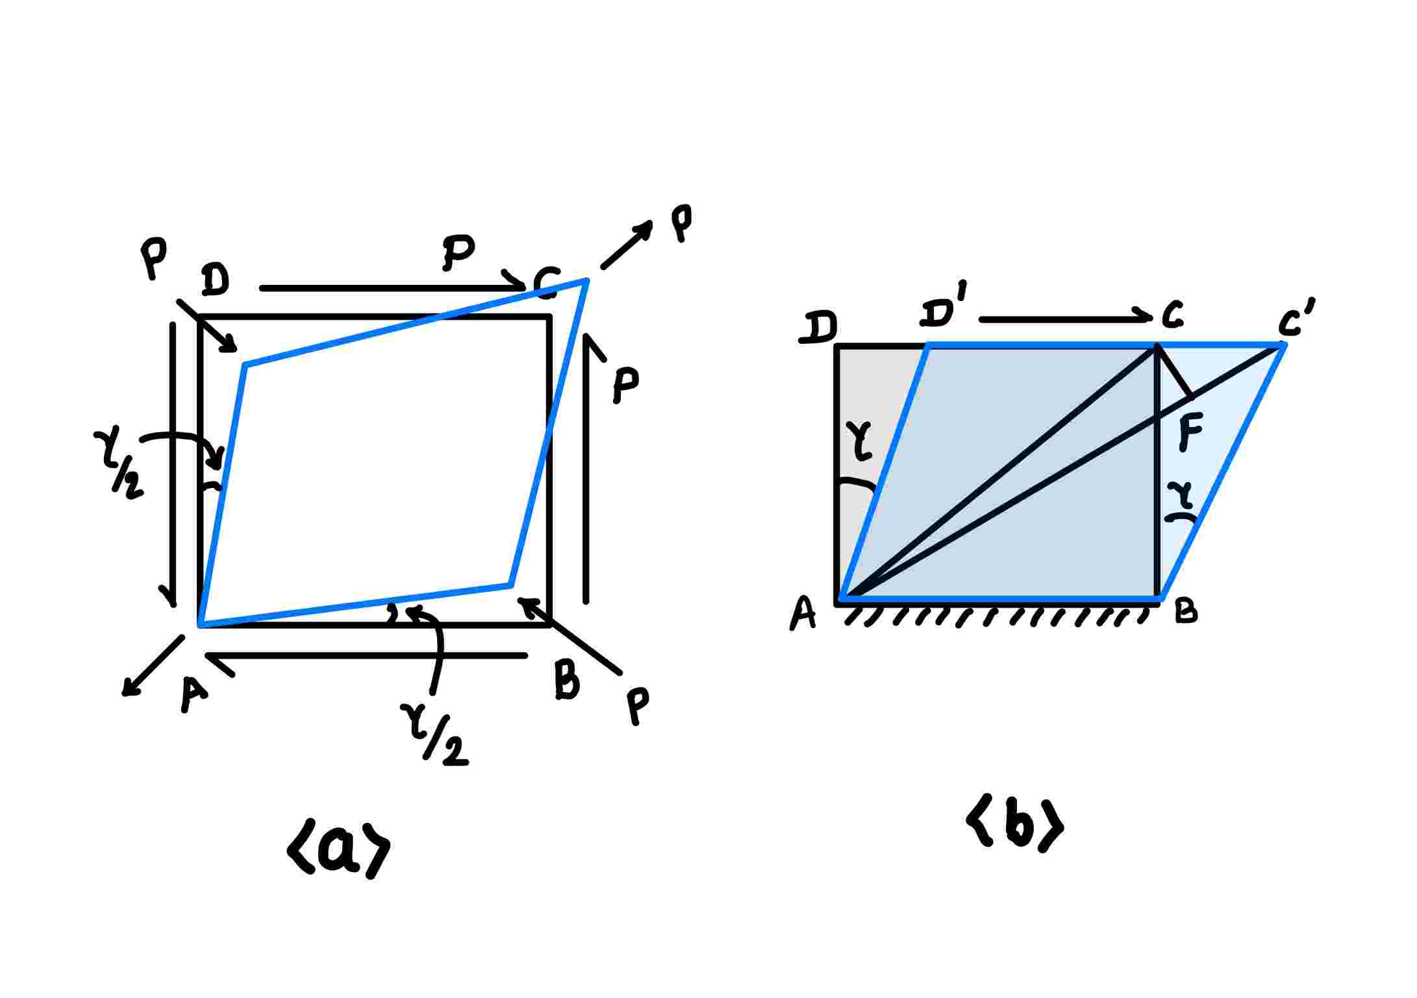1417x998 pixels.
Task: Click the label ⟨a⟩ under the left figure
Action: click(x=338, y=851)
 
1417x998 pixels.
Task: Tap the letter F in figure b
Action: click(x=1190, y=432)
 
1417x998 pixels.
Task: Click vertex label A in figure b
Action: click(x=803, y=613)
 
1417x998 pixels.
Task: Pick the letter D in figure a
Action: click(x=215, y=280)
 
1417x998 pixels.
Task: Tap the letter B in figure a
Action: click(x=567, y=680)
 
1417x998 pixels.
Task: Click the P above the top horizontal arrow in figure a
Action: click(x=458, y=252)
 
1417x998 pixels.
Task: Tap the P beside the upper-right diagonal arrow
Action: click(x=681, y=223)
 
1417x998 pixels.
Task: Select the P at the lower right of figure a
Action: click(x=638, y=706)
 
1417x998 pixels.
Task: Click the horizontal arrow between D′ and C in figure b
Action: click(x=1065, y=318)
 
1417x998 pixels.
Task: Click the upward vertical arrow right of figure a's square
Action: click(x=587, y=467)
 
